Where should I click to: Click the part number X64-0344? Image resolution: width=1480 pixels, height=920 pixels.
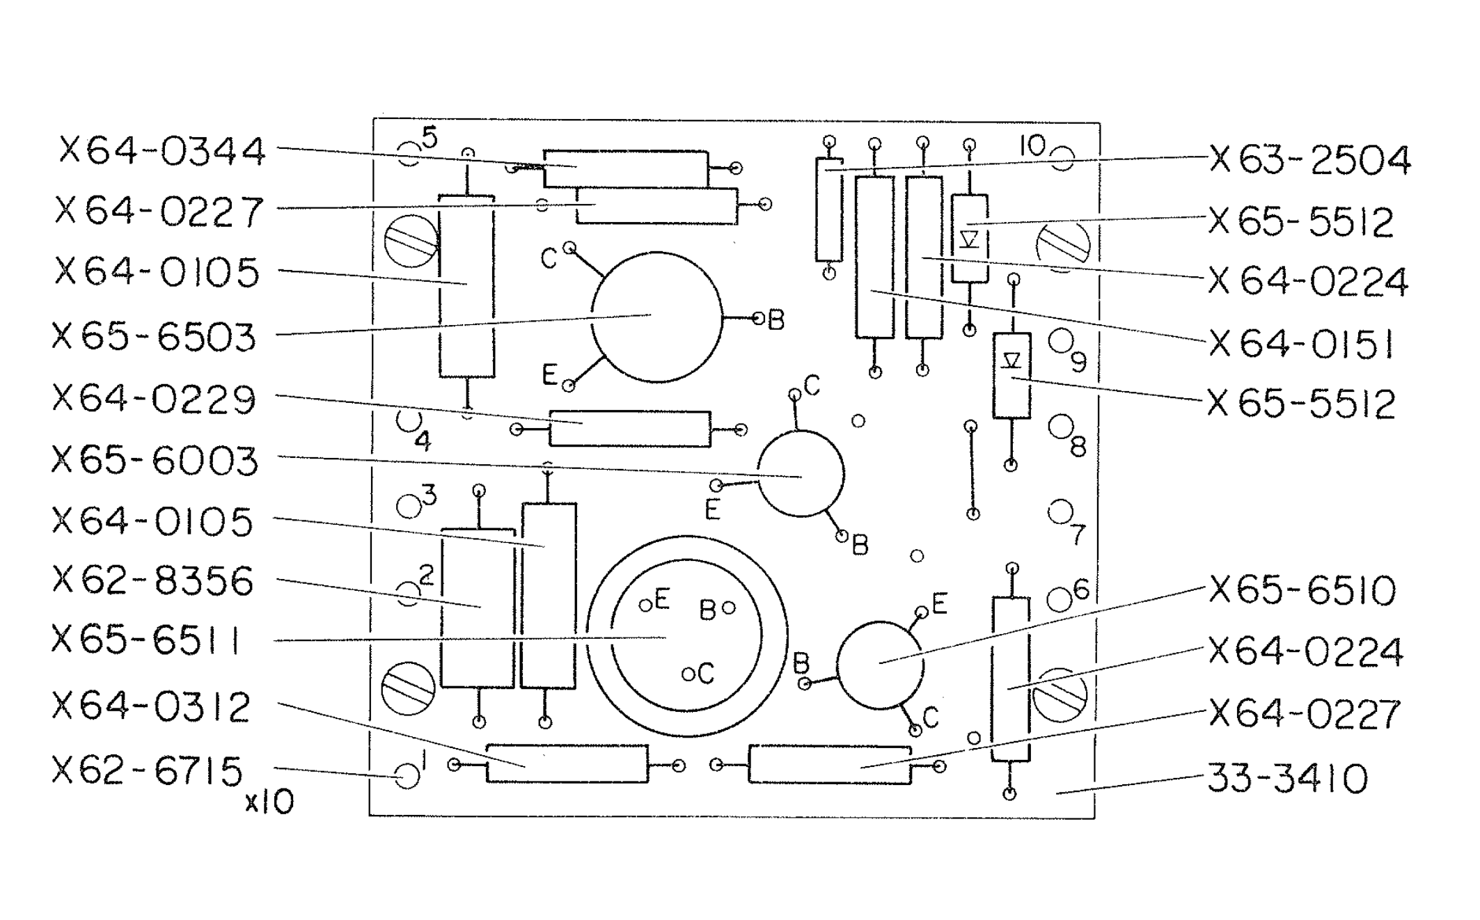162,151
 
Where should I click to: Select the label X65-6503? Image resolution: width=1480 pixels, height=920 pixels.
155,338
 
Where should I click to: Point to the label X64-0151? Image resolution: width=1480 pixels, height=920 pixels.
1300,344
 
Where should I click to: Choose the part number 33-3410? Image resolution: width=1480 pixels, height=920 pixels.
1287,778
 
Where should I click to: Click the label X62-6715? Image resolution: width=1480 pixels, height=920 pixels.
148,771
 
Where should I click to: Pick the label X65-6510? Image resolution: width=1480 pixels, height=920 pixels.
1302,591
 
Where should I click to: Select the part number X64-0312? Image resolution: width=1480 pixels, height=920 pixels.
151,708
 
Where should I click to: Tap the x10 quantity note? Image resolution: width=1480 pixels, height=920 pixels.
269,803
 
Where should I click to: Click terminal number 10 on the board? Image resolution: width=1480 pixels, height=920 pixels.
1033,146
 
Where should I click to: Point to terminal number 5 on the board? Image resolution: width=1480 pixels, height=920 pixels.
430,138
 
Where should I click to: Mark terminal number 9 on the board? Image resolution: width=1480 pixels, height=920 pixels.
1078,362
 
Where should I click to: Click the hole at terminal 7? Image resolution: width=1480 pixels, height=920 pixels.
1060,512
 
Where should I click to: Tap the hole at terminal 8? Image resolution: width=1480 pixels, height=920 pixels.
1060,426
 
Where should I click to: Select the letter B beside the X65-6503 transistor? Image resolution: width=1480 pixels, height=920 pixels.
776,320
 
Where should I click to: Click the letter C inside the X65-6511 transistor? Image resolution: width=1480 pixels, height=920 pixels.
705,673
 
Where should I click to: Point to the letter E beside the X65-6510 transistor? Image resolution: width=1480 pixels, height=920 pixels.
939,603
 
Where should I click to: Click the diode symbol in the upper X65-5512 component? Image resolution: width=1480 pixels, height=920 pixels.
969,239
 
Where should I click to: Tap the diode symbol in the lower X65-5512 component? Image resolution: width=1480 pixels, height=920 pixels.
1011,360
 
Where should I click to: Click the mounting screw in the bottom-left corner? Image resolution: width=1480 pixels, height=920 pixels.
409,689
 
